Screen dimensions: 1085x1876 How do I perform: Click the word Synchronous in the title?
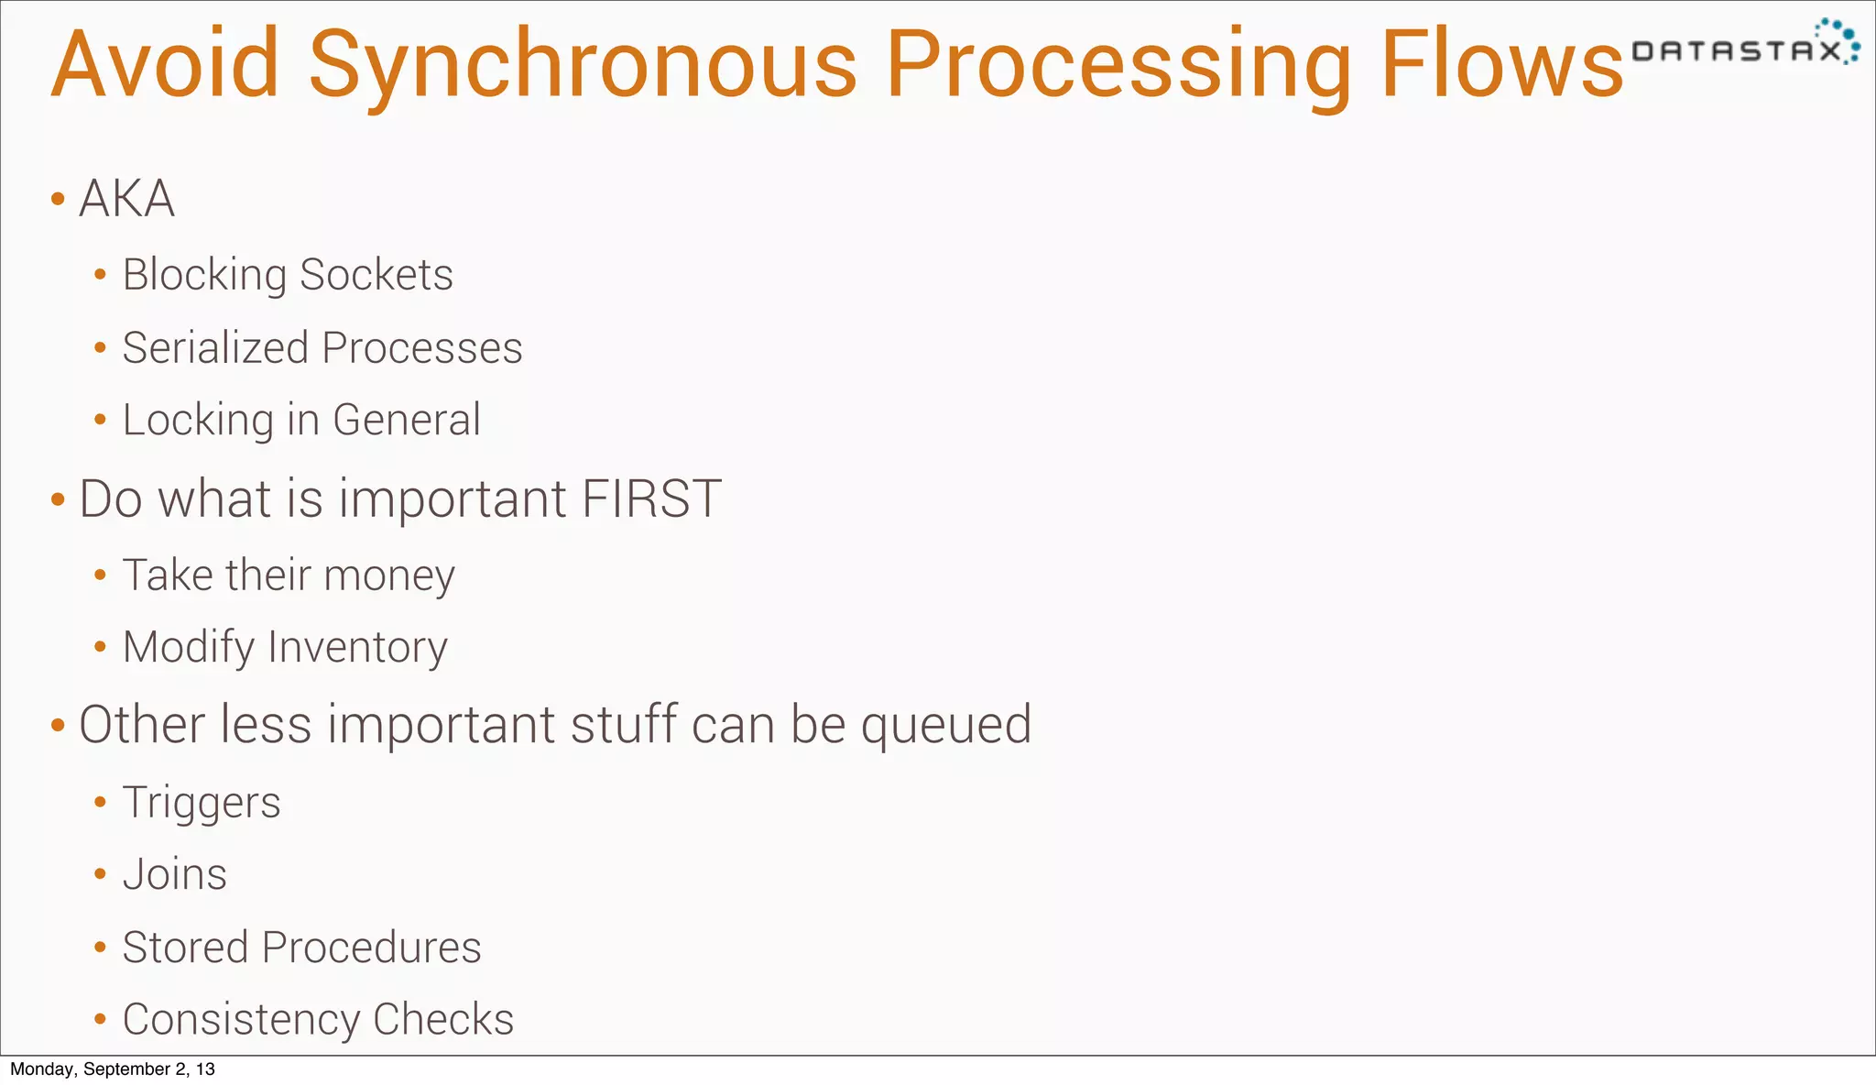pyautogui.click(x=584, y=64)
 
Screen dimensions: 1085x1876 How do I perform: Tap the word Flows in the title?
pyautogui.click(x=1501, y=64)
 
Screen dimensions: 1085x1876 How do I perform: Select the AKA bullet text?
pyautogui.click(x=126, y=199)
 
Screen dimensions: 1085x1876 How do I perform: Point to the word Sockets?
pyautogui.click(x=376, y=275)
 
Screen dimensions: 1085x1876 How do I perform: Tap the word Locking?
pyautogui.click(x=198, y=421)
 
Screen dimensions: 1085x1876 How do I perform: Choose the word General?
pyautogui.click(x=406, y=421)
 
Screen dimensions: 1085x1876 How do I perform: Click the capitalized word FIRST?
pyautogui.click(x=651, y=499)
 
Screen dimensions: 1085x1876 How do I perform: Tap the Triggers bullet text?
pyautogui.click(x=202, y=804)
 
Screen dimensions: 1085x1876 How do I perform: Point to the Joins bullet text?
pyautogui.click(x=174, y=875)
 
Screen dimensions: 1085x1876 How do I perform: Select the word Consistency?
pyautogui.click(x=241, y=1020)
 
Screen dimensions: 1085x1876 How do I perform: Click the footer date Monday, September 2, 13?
pyautogui.click(x=113, y=1069)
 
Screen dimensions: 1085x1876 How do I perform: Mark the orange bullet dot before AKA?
pyautogui.click(x=58, y=199)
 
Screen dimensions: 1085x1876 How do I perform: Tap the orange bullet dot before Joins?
pyautogui.click(x=101, y=875)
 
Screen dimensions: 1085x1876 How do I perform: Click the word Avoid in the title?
pyautogui.click(x=165, y=64)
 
